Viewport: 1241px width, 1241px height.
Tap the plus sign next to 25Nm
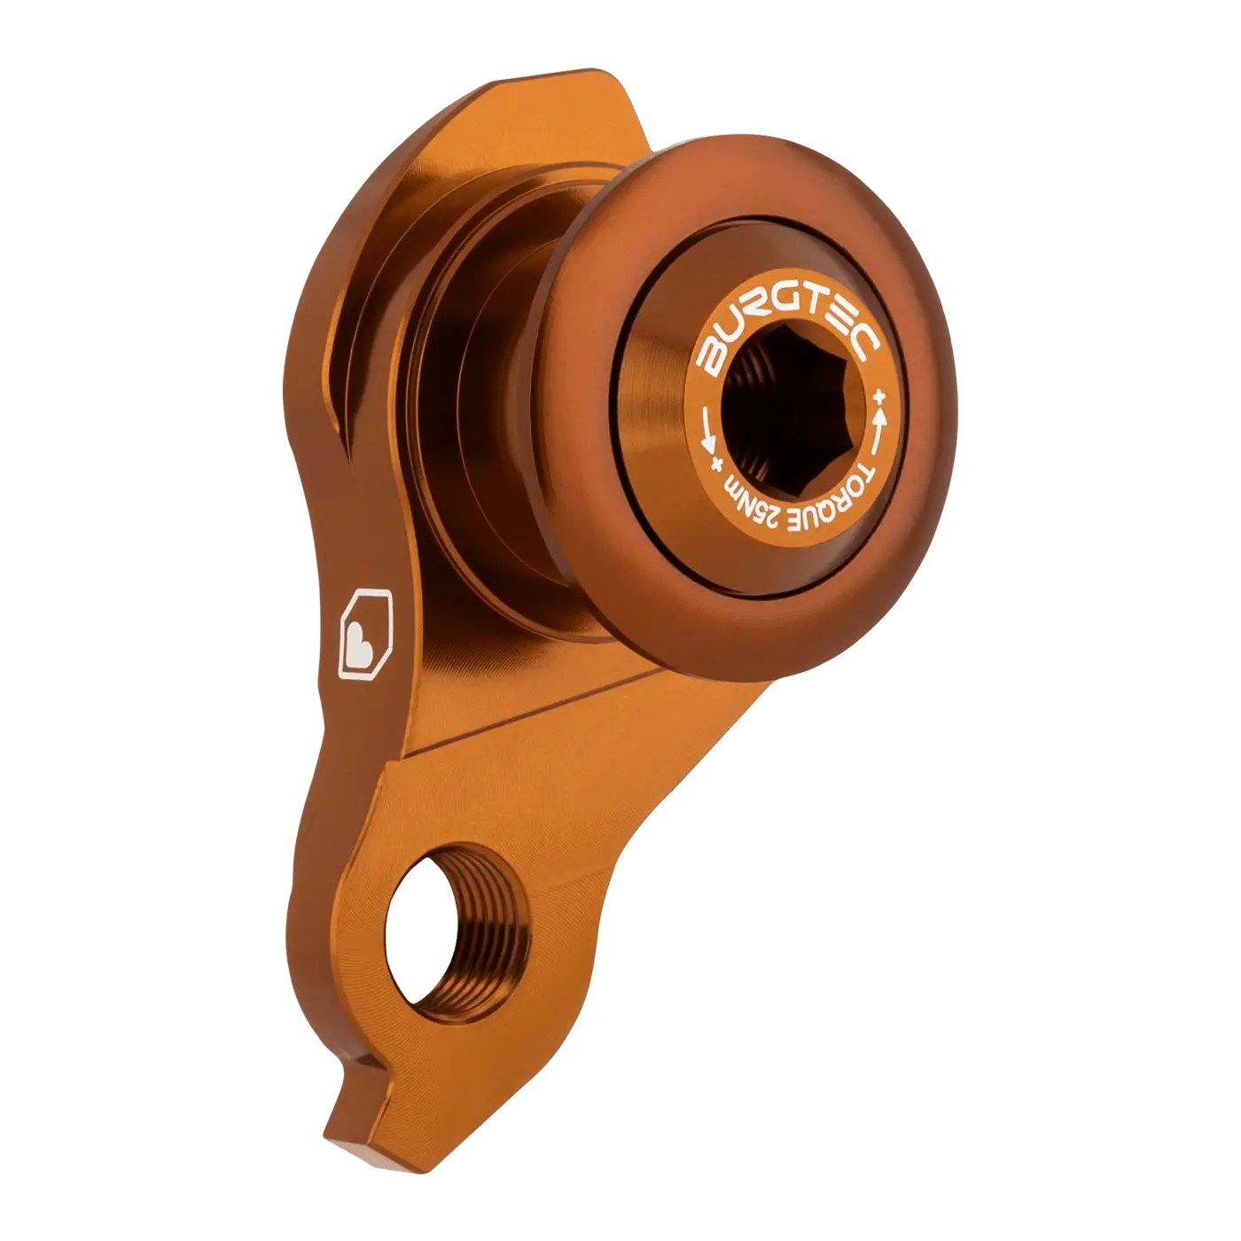(715, 464)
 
